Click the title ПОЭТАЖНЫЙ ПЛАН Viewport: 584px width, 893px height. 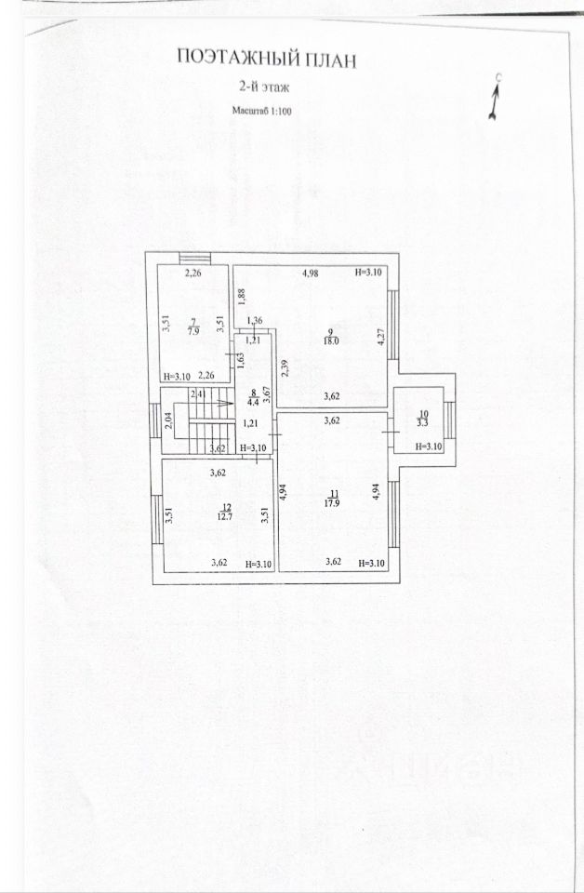(x=266, y=60)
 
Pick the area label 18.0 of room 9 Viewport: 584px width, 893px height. (x=330, y=340)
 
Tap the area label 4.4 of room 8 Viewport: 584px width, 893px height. (x=253, y=402)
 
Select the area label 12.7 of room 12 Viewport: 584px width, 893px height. (x=224, y=516)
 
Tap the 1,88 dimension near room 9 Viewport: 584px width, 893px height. (x=240, y=297)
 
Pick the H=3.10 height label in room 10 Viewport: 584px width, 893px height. (x=429, y=446)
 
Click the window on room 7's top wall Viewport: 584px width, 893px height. (x=194, y=258)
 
